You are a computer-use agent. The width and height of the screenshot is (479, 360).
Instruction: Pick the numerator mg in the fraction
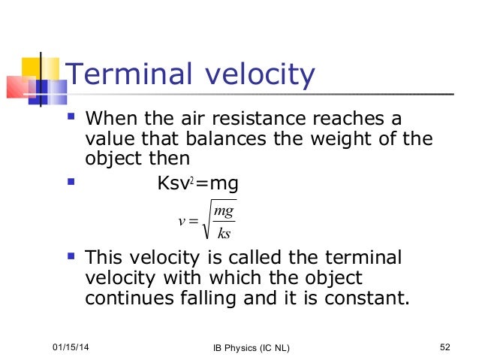pyautogui.click(x=224, y=214)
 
